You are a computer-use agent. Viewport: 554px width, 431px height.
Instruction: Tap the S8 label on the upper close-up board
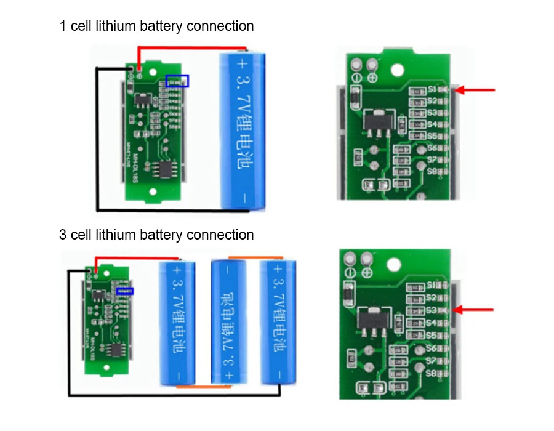[432, 171]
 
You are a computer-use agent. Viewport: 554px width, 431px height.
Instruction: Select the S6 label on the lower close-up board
[431, 348]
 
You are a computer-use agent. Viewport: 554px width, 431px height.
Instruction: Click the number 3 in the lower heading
[63, 235]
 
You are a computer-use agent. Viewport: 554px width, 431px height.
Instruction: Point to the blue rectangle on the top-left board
[178, 81]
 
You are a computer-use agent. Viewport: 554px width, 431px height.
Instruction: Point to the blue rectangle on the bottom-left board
[125, 290]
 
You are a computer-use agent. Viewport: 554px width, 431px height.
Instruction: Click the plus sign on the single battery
[242, 63]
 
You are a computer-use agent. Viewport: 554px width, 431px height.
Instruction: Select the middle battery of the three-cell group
[228, 321]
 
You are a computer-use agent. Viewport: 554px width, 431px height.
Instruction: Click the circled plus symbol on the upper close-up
[372, 77]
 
